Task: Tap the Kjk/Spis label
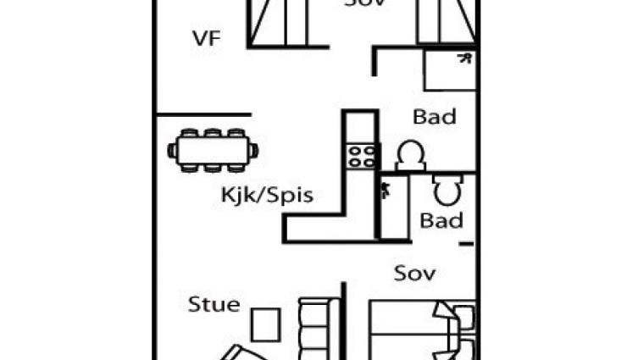267,196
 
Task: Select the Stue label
214,304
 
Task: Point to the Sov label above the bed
414,273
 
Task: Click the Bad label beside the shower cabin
435,117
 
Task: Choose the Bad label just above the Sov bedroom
441,221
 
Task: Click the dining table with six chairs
214,151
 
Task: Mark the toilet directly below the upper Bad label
410,155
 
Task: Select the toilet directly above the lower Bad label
447,191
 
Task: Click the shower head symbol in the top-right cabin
464,58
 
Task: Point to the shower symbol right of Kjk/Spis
386,191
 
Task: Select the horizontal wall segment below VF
203,114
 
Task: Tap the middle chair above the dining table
213,134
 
